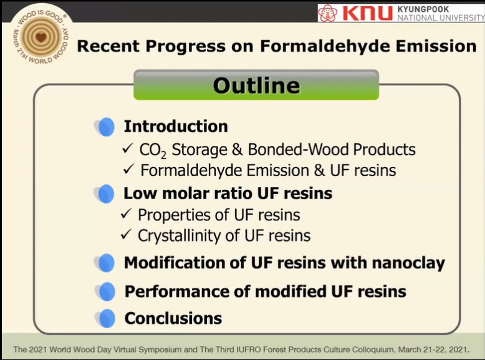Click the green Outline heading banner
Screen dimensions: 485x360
[256, 85]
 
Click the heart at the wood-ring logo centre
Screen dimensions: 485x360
[41, 37]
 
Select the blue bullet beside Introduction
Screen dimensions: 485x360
[105, 126]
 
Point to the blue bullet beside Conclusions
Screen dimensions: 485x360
[105, 318]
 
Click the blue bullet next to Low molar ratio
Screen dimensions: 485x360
[105, 194]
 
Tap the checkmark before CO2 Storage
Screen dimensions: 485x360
[127, 148]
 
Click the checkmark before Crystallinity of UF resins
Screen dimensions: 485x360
[126, 235]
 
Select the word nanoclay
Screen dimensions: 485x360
[408, 263]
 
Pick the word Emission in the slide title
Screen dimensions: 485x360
[436, 46]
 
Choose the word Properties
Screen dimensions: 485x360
[184, 216]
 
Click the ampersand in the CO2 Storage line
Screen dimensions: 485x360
[238, 149]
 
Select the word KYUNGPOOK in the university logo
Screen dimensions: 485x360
[423, 9]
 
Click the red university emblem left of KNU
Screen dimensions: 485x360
[328, 13]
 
